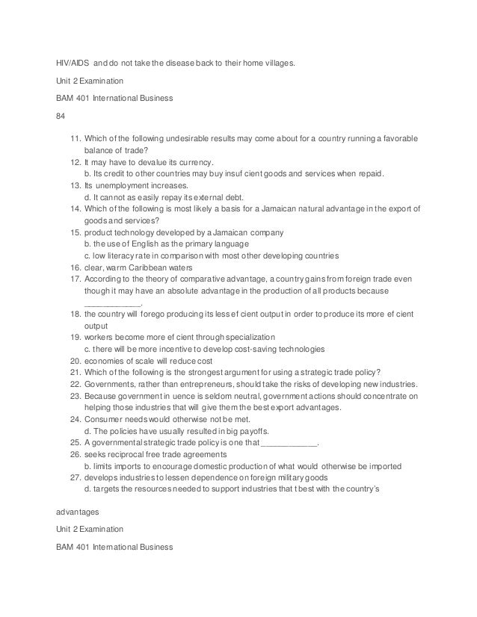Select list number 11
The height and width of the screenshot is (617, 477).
point(75,139)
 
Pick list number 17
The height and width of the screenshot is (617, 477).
point(75,279)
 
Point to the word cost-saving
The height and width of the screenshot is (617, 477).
point(211,348)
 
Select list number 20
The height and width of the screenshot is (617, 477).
point(75,360)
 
